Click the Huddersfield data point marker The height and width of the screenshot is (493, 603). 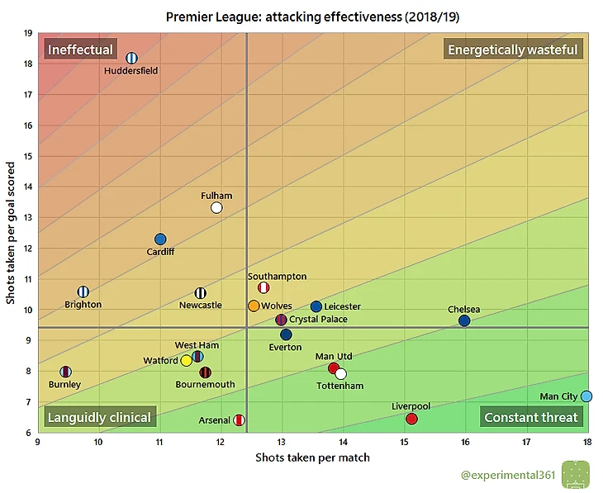pyautogui.click(x=131, y=58)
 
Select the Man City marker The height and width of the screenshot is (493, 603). pyautogui.click(x=586, y=396)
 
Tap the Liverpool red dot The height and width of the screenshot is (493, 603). pyautogui.click(x=412, y=419)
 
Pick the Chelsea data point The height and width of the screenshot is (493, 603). pyautogui.click(x=464, y=320)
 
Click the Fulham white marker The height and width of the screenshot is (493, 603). pyautogui.click(x=216, y=207)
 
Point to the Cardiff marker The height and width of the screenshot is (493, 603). pyautogui.click(x=160, y=239)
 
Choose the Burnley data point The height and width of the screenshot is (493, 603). pyautogui.click(x=66, y=372)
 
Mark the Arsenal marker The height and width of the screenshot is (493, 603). pyautogui.click(x=239, y=420)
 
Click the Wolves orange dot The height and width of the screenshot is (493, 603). pyautogui.click(x=254, y=306)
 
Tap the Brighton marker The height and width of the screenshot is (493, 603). pyautogui.click(x=83, y=292)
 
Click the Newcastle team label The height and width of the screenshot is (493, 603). pyautogui.click(x=200, y=306)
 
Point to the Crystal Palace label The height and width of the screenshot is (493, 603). pyautogui.click(x=318, y=320)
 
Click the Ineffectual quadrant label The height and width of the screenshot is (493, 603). pyautogui.click(x=80, y=50)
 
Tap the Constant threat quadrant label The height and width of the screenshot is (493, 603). pyautogui.click(x=531, y=417)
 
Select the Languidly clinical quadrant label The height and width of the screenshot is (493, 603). pyautogui.click(x=99, y=417)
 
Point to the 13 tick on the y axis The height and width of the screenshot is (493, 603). pyautogui.click(x=28, y=217)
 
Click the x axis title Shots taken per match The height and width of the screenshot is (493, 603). pyautogui.click(x=312, y=457)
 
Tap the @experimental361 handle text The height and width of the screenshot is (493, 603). pyautogui.click(x=505, y=475)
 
